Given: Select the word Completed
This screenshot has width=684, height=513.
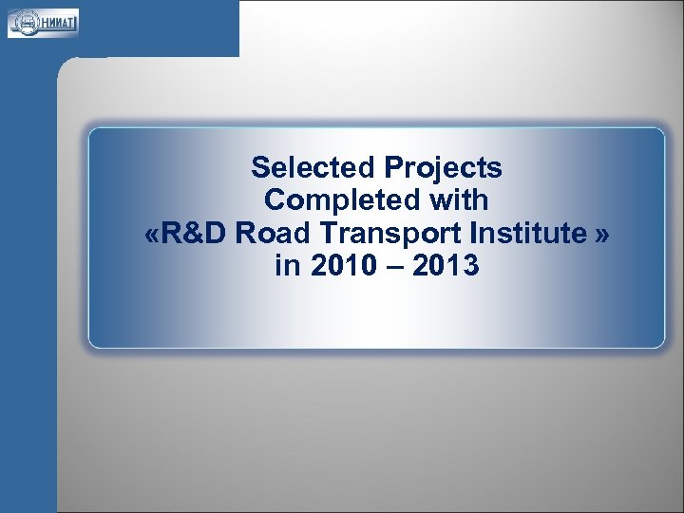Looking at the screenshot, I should pos(338,200).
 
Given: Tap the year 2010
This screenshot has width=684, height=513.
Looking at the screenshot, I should pos(337,267).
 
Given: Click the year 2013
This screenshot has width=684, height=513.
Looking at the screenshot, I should pos(446,267).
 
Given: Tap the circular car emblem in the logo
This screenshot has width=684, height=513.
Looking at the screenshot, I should pos(23,22).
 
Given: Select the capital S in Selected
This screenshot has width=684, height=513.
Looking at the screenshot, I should pos(260,168).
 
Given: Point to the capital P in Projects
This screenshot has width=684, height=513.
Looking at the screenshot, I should pos(393,168).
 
